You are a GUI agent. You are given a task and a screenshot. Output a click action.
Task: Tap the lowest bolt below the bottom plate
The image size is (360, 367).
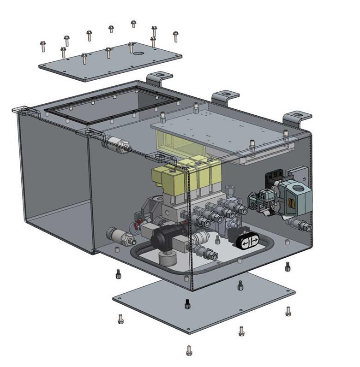point(189,350)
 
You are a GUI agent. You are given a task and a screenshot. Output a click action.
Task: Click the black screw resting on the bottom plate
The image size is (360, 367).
point(187,304)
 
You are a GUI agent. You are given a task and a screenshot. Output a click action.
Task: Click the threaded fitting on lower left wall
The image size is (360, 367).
point(121,236)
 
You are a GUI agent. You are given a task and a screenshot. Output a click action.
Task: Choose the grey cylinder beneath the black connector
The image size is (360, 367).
point(167,258)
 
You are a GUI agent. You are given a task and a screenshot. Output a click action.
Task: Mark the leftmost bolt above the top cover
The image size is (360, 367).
point(43,46)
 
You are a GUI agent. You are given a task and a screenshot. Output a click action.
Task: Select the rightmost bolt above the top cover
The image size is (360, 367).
point(175,36)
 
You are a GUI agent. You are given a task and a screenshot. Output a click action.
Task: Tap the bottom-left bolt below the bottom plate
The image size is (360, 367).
point(121,318)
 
